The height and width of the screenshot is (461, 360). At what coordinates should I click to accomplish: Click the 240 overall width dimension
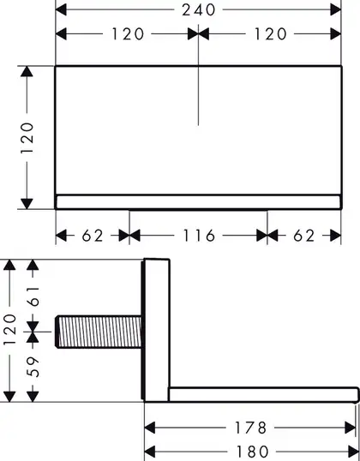pyautogui.click(x=199, y=10)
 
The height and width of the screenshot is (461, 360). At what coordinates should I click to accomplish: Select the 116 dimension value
pyautogui.click(x=199, y=236)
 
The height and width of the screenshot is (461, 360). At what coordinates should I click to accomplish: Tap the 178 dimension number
pyautogui.click(x=250, y=428)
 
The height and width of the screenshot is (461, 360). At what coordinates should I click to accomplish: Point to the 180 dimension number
pyautogui.click(x=252, y=451)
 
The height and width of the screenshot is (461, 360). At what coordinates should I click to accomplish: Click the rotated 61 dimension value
pyautogui.click(x=33, y=296)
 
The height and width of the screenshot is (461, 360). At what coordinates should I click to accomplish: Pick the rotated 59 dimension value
pyautogui.click(x=33, y=367)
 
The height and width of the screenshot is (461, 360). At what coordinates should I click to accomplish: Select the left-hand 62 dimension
pyautogui.click(x=93, y=236)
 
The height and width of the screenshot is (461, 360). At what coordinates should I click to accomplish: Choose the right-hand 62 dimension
pyautogui.click(x=303, y=236)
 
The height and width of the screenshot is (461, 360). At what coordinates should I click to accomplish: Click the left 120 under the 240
pyautogui.click(x=128, y=34)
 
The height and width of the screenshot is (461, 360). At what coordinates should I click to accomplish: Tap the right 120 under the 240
pyautogui.click(x=270, y=34)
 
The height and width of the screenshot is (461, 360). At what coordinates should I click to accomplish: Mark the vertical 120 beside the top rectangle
pyautogui.click(x=27, y=138)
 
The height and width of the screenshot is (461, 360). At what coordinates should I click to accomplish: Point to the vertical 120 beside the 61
pyautogui.click(x=9, y=330)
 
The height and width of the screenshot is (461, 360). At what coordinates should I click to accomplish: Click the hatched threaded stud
pyautogui.click(x=99, y=332)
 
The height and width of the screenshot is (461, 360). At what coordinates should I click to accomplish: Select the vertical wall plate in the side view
pyautogui.click(x=156, y=330)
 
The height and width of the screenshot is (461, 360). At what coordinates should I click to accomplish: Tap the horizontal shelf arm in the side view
pyautogui.click(x=264, y=394)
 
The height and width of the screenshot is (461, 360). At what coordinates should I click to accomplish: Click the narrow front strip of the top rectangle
pyautogui.click(x=198, y=202)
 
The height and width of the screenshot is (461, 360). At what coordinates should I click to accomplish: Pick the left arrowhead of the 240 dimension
pyautogui.click(x=61, y=10)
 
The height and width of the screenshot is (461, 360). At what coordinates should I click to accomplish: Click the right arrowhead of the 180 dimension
pyautogui.click(x=353, y=452)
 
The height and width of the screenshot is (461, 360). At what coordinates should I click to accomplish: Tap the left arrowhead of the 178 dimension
pyautogui.click(x=150, y=428)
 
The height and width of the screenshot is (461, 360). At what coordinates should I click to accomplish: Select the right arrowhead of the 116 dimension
pyautogui.click(x=261, y=236)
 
